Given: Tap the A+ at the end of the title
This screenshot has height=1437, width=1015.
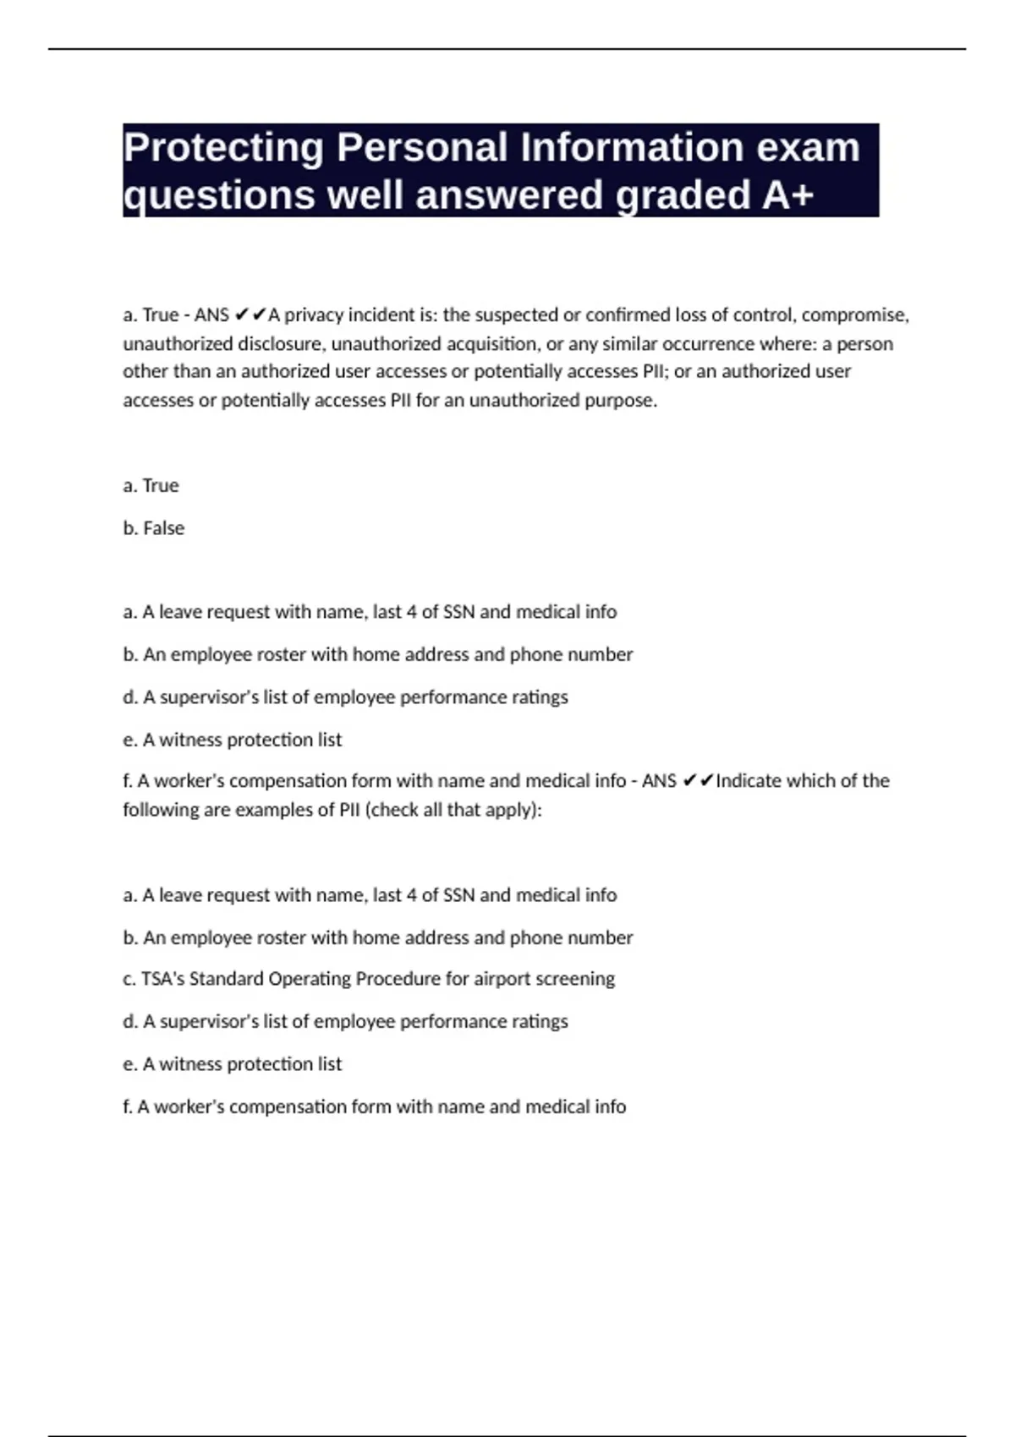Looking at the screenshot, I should pos(787,195).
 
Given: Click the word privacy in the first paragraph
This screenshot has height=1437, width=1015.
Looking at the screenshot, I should pos(314,315).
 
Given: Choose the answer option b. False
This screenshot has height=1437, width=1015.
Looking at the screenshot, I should pos(153,528).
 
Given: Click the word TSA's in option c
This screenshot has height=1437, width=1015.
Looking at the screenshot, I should pos(162,979).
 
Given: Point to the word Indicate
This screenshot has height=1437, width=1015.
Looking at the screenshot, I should pos(749,781).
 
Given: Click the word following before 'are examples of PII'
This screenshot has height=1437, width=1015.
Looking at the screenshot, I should pos(160,810).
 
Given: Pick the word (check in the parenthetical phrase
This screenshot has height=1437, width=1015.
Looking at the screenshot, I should pos(392,810).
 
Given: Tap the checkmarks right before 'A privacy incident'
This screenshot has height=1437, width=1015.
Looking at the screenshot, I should pos(250,315).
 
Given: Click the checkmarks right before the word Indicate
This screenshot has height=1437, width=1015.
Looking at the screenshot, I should pos(698,781).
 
